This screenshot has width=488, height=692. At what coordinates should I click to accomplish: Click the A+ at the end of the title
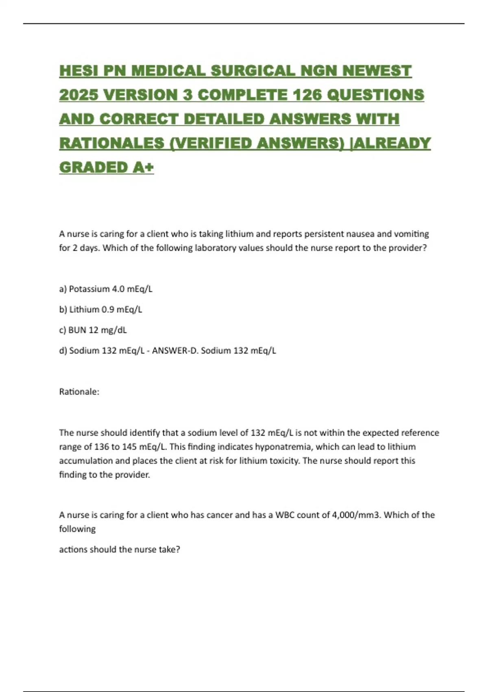pos(143,167)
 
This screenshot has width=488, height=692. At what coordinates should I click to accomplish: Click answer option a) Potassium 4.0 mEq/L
pos(106,289)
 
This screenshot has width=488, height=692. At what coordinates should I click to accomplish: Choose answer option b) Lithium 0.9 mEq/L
pos(100,309)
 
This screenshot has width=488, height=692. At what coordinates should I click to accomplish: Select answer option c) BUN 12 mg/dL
pos(93,330)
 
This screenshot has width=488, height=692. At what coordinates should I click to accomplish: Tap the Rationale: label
pos(79,392)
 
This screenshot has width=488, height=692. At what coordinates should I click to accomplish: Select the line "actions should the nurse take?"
pos(120,550)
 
